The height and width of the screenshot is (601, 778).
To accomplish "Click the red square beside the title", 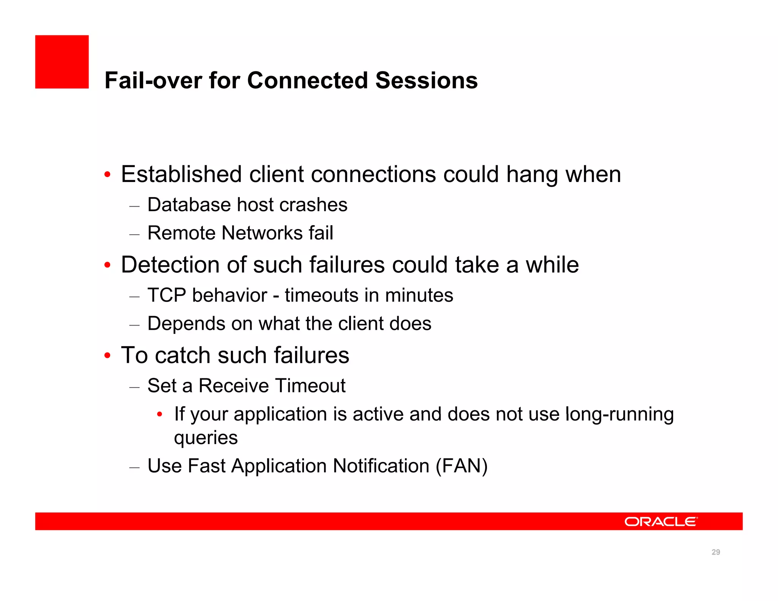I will coord(62,62).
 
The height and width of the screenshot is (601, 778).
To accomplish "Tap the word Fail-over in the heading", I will coord(153,81).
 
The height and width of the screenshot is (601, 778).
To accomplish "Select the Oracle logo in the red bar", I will coord(661,522).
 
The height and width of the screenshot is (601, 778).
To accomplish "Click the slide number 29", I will coord(716,552).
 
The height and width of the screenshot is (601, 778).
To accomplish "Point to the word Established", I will coord(181,174).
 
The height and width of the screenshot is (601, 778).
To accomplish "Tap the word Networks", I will coord(262,233).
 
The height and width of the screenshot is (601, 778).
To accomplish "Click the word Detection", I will coord(170,265).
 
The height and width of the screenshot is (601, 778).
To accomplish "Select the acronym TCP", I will coord(166,295).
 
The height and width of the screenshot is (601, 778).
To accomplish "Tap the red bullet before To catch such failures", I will coord(108,356).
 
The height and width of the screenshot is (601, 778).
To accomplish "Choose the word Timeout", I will coord(310,386).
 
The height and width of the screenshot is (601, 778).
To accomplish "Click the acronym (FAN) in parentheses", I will coord(462,466).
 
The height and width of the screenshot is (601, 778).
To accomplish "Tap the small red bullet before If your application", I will coord(160,414).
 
